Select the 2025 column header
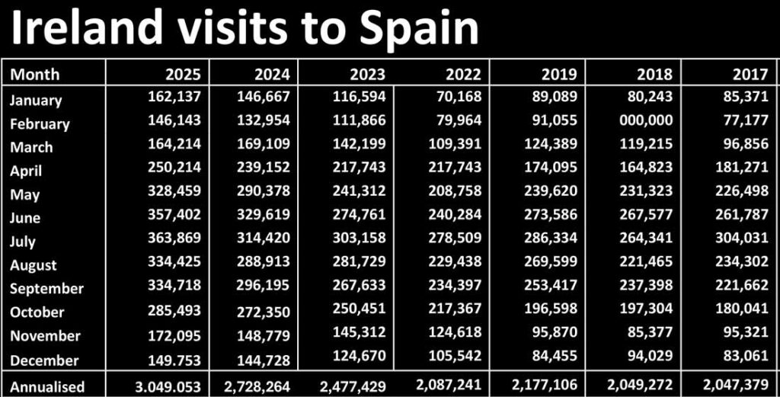point(183,74)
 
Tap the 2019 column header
point(559,74)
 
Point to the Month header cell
point(35,74)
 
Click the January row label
point(36,100)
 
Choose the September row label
point(47,289)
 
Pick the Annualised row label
point(47,386)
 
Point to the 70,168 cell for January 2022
point(459,97)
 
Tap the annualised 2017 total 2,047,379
point(735,386)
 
